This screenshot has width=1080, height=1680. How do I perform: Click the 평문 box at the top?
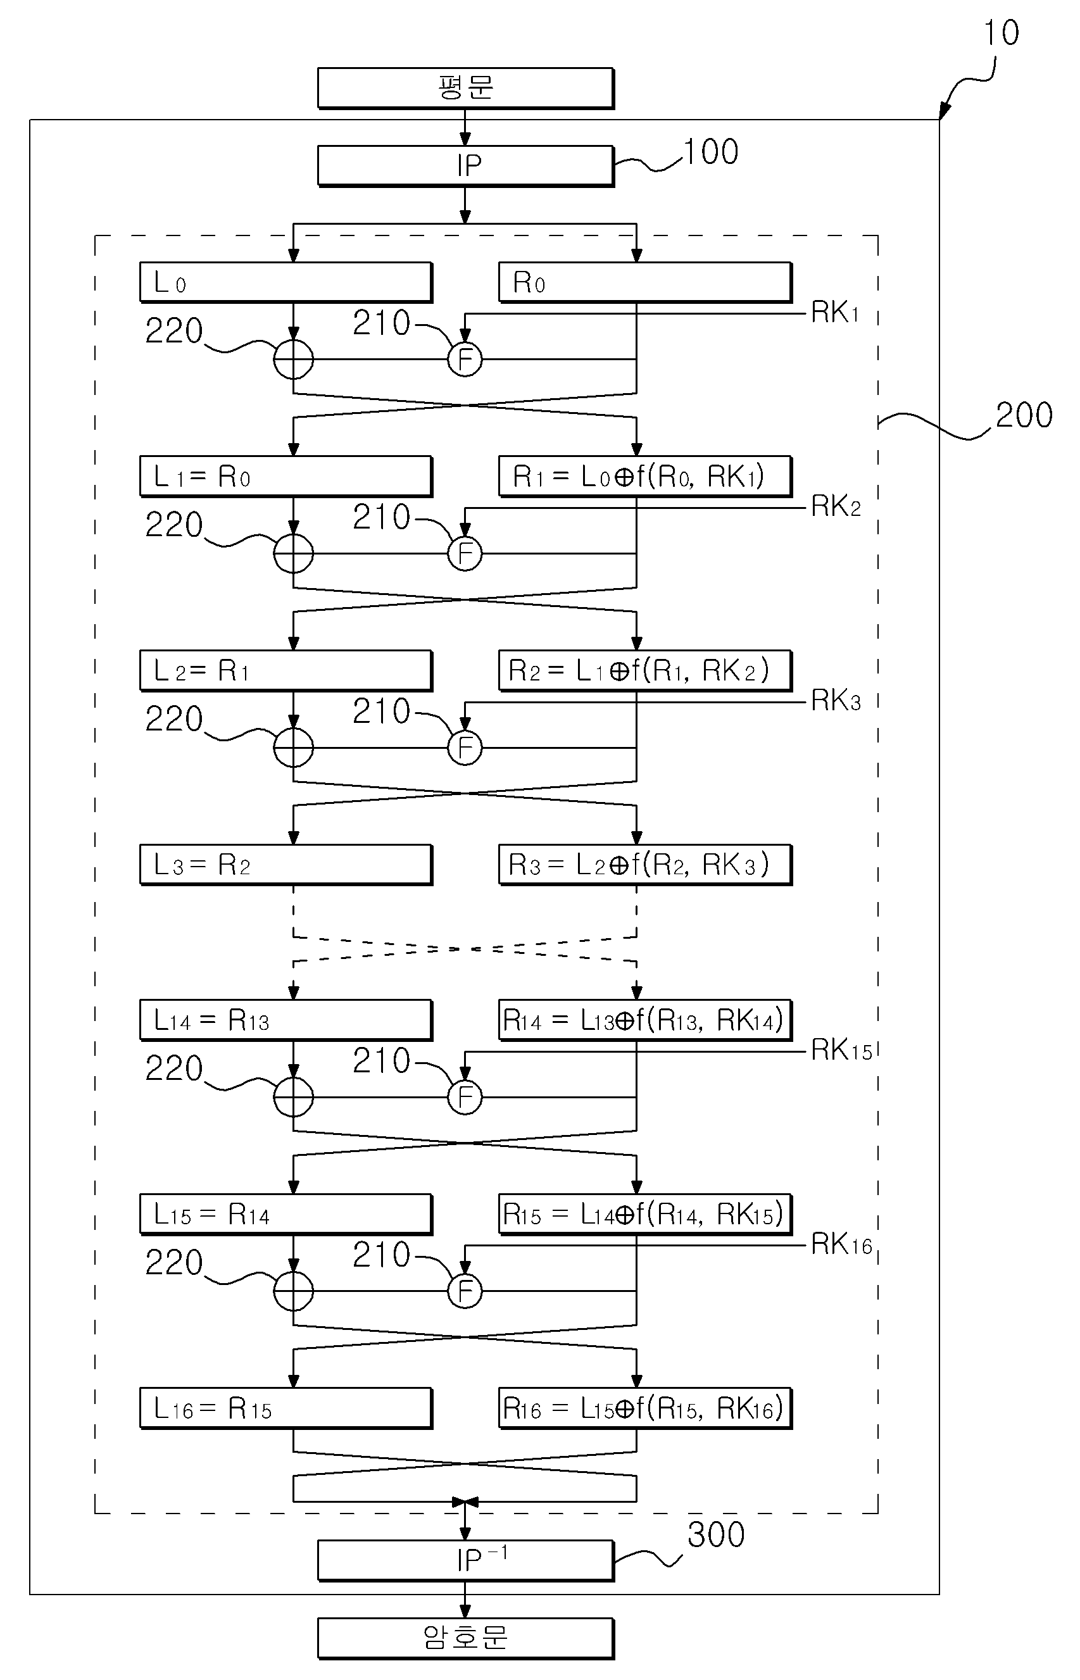pos(466,89)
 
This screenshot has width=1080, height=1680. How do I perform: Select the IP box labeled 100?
pos(466,166)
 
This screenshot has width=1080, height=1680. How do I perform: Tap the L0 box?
pos(286,282)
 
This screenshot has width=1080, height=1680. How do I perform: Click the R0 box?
pos(645,282)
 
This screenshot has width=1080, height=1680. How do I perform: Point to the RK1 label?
pos(835,313)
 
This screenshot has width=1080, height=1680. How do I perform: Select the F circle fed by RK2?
pos(465,553)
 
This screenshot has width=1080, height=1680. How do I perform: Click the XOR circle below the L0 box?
pos(293,359)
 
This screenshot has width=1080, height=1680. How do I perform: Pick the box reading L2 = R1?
pos(286,671)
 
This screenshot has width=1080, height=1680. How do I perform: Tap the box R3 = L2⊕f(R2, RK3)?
pos(645,865)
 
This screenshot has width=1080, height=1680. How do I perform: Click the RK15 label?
pos(841,1050)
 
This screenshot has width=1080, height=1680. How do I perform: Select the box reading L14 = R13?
pos(286,1020)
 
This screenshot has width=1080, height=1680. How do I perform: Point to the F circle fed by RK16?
pos(465,1291)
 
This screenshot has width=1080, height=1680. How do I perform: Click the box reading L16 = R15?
pos(286,1408)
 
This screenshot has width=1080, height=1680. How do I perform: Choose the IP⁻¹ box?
pos(466,1561)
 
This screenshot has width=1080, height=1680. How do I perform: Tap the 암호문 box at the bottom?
pos(466,1639)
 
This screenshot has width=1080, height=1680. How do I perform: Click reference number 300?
pos(716,1535)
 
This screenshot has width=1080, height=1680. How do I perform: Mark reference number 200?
pos(1024,415)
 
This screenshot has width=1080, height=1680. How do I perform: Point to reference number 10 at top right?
pos(1002,33)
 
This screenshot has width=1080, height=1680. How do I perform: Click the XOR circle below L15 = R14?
pos(293,1291)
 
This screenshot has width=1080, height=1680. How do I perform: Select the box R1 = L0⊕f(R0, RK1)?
pos(645,477)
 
